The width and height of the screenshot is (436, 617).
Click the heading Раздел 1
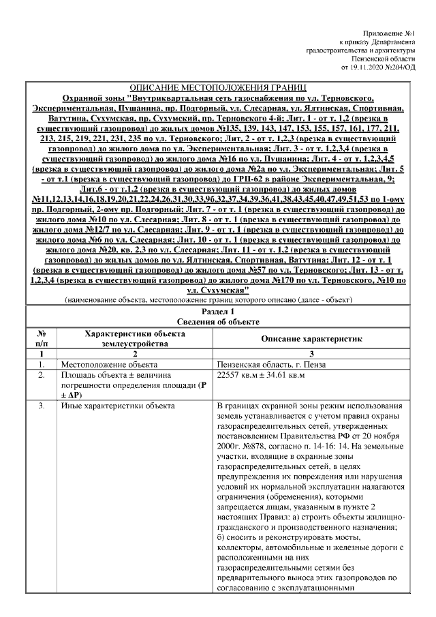218,311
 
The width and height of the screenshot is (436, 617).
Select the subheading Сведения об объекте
218,322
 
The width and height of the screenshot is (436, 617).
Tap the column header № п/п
42,339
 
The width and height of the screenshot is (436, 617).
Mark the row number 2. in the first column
42,376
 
